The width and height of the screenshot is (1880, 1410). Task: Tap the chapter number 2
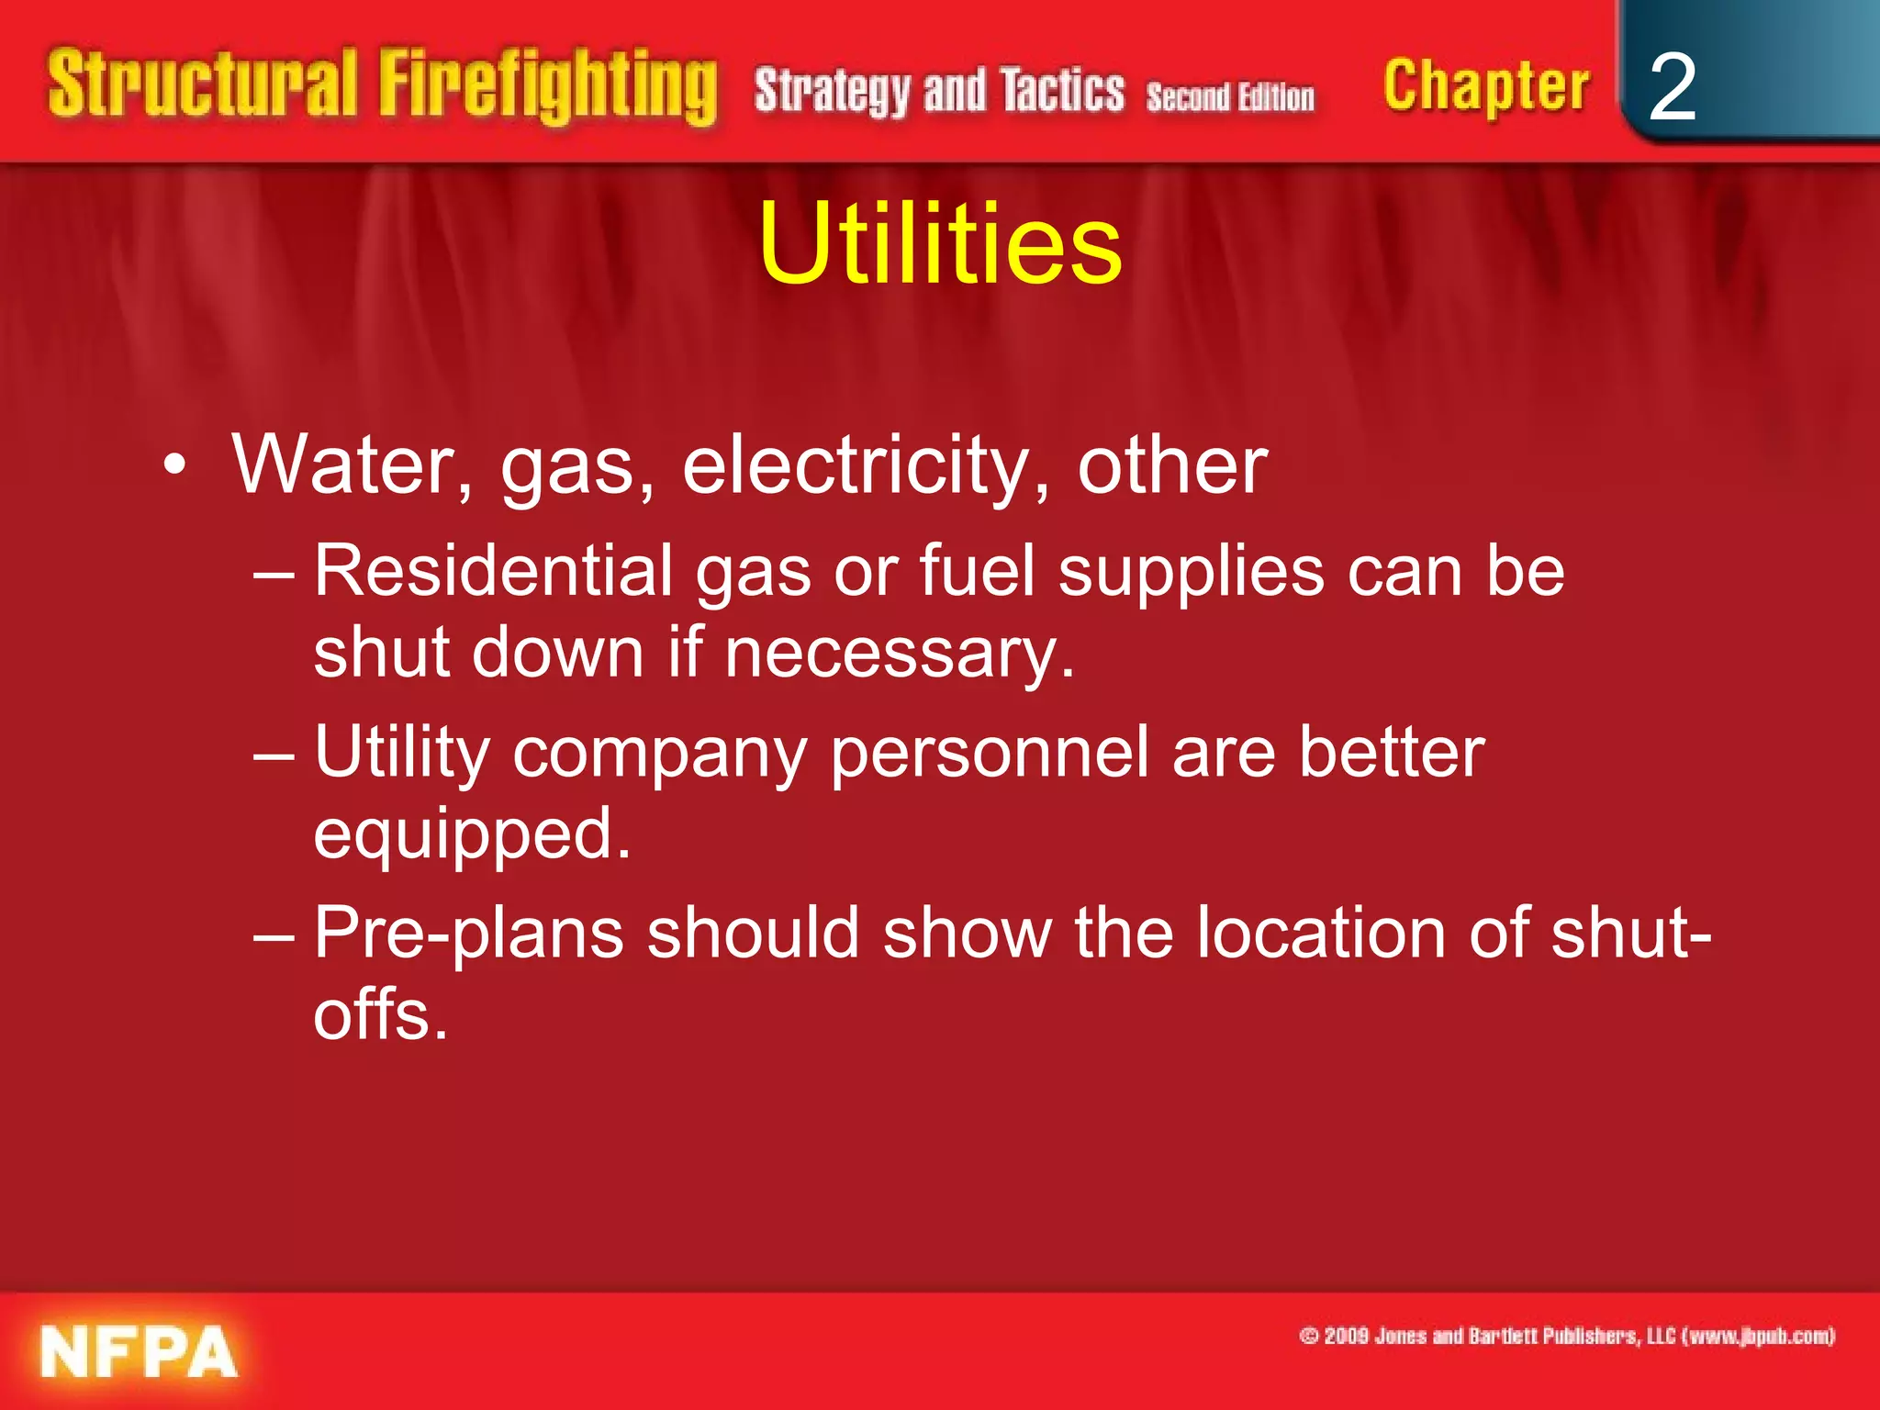pyautogui.click(x=1672, y=87)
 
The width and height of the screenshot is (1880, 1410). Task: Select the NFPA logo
pyautogui.click(x=139, y=1352)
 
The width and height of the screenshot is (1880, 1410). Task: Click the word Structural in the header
pyautogui.click(x=202, y=84)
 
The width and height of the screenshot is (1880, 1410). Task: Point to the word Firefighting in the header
pyautogui.click(x=548, y=87)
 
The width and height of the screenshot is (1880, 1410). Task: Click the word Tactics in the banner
pyautogui.click(x=1062, y=91)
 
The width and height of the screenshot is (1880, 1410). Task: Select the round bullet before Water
pyautogui.click(x=174, y=466)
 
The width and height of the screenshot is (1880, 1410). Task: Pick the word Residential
pyautogui.click(x=494, y=571)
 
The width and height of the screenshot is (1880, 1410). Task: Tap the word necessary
pyautogui.click(x=900, y=654)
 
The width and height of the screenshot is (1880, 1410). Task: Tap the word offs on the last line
pyautogui.click(x=380, y=1015)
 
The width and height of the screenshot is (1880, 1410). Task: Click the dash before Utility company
pyautogui.click(x=274, y=755)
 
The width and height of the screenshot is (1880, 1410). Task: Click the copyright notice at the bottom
pyautogui.click(x=1566, y=1336)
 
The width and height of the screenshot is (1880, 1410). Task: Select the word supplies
pyautogui.click(x=1191, y=571)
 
